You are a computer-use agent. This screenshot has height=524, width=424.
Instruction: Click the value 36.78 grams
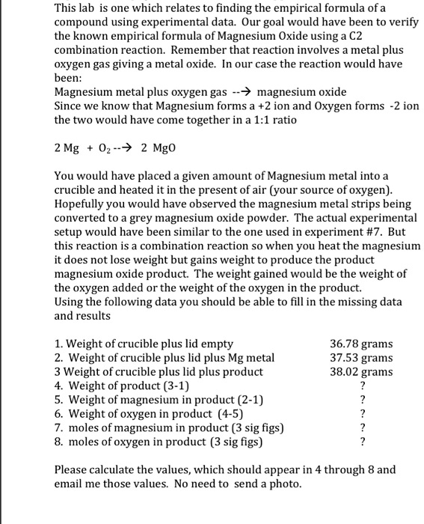(361, 344)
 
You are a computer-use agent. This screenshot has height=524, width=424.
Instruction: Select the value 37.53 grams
(361, 358)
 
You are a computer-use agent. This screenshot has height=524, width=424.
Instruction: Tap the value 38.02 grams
(361, 372)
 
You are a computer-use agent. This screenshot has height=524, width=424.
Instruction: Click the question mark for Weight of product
(363, 386)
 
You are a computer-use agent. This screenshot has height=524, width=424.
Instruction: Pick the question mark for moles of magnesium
(363, 428)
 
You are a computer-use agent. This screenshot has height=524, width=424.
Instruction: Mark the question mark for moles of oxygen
(363, 442)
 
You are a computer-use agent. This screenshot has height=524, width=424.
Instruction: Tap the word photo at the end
(286, 484)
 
